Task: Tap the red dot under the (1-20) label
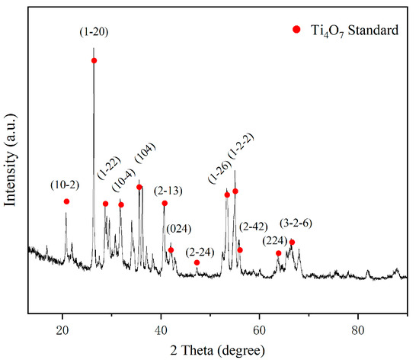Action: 94,60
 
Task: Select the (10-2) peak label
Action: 65,185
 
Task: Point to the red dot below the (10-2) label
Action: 66,201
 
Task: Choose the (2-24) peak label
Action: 200,251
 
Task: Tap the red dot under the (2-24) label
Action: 197,262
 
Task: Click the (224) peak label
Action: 275,240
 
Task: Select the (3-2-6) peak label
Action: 296,223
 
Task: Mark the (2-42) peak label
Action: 253,227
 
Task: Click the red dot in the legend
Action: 296,30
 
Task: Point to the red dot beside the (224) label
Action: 279,253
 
